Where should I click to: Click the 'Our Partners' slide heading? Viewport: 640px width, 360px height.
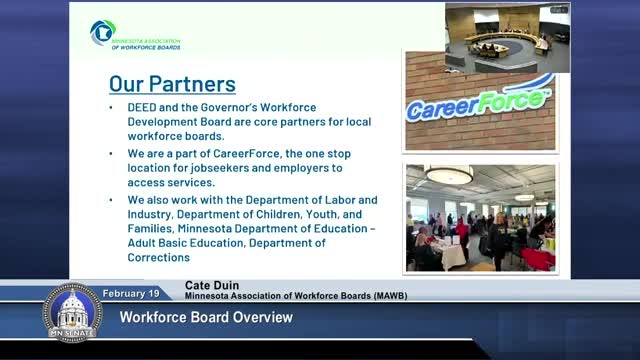[172, 84]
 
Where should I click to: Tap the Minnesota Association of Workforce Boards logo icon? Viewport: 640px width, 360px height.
[102, 32]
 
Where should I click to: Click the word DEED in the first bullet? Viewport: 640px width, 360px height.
[142, 107]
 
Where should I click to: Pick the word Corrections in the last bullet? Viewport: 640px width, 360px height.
[159, 258]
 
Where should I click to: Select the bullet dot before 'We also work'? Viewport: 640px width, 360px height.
[111, 200]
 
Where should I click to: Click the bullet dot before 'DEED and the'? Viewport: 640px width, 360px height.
[111, 108]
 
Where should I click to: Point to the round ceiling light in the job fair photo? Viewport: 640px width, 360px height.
[449, 176]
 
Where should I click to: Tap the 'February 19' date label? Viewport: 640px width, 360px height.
[131, 293]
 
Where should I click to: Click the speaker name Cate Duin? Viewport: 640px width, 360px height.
[212, 285]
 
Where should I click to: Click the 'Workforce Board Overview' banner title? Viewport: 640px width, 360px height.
[206, 318]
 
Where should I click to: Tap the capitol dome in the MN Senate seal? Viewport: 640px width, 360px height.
[72, 309]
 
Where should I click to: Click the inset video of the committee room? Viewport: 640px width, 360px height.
[507, 38]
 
